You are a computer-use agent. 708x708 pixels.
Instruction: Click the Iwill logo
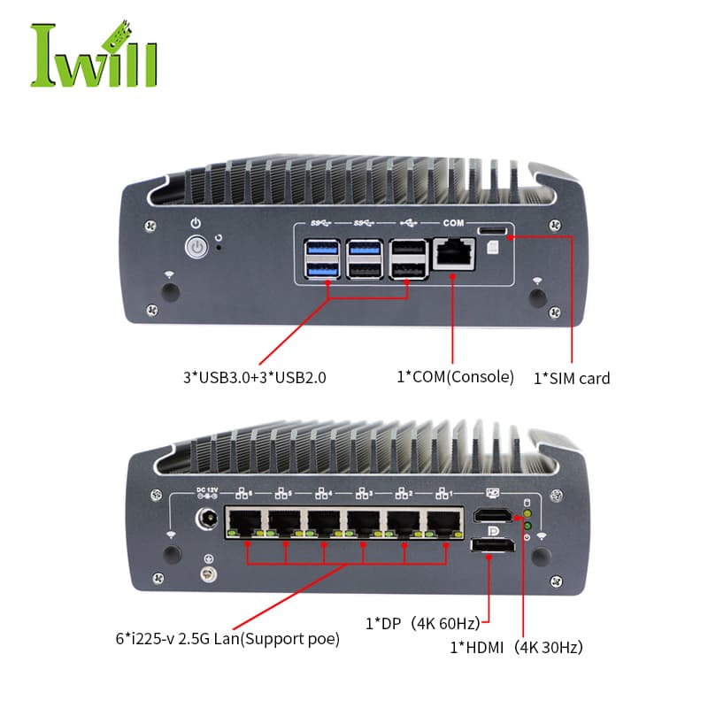(x=94, y=54)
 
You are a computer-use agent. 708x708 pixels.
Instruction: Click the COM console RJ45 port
(x=454, y=254)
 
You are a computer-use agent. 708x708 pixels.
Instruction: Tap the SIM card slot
(x=492, y=231)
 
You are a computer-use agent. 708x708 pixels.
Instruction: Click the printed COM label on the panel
(x=453, y=223)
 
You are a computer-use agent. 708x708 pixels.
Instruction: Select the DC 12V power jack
(x=207, y=519)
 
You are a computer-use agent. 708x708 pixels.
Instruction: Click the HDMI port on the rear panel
(x=493, y=515)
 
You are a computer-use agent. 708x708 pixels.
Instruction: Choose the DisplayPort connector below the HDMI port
(x=492, y=545)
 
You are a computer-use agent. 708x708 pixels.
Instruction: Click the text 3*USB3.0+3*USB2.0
(x=255, y=378)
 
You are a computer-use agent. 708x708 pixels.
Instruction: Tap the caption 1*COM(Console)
(x=455, y=377)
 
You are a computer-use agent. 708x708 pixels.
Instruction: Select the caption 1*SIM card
(x=572, y=379)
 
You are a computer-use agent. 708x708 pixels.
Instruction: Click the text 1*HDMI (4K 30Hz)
(x=516, y=648)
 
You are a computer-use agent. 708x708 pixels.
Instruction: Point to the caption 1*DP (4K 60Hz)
(x=423, y=624)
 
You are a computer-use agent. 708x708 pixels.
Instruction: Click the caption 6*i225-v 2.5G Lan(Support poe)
(x=227, y=639)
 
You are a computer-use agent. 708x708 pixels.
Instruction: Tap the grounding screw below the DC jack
(x=208, y=574)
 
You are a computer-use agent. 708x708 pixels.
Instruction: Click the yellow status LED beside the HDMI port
(x=527, y=514)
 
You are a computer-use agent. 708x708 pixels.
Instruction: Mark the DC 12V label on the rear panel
(x=207, y=490)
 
